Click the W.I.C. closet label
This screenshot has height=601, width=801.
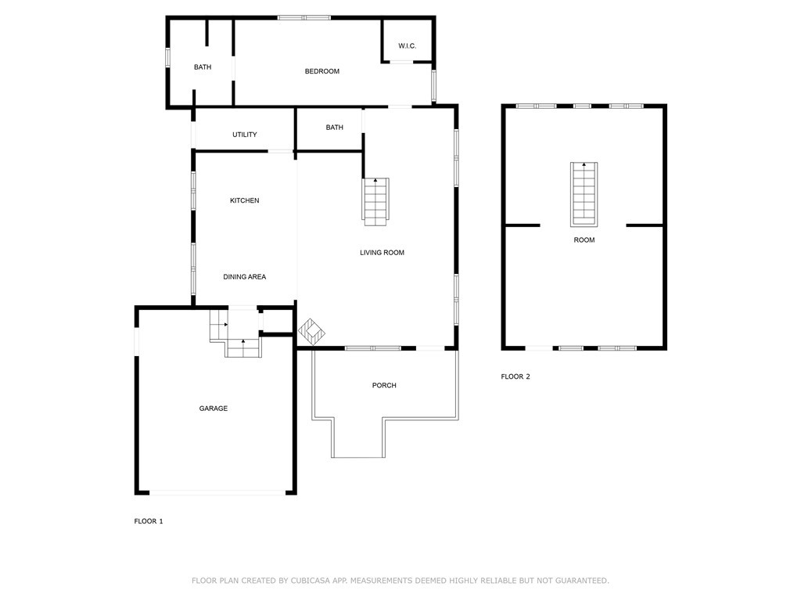407,46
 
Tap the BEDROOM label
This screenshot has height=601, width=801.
321,71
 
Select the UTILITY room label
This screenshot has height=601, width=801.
244,135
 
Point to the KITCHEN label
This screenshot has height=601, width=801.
244,201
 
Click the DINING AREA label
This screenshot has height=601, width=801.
244,277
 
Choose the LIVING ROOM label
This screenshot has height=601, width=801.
382,253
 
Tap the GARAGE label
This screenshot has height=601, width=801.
213,408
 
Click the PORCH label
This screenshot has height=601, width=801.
383,385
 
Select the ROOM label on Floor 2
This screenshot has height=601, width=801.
584,240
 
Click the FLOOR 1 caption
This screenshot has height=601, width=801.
148,521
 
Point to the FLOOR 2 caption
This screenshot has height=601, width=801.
515,376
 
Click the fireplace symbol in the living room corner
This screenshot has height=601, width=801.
311,332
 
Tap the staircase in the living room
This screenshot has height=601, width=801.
376,202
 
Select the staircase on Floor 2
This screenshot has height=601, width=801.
584,194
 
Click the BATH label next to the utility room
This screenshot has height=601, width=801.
334,128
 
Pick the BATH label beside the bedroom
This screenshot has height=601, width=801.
203,67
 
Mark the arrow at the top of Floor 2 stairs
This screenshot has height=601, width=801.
584,164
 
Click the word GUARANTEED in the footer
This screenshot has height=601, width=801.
581,581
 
